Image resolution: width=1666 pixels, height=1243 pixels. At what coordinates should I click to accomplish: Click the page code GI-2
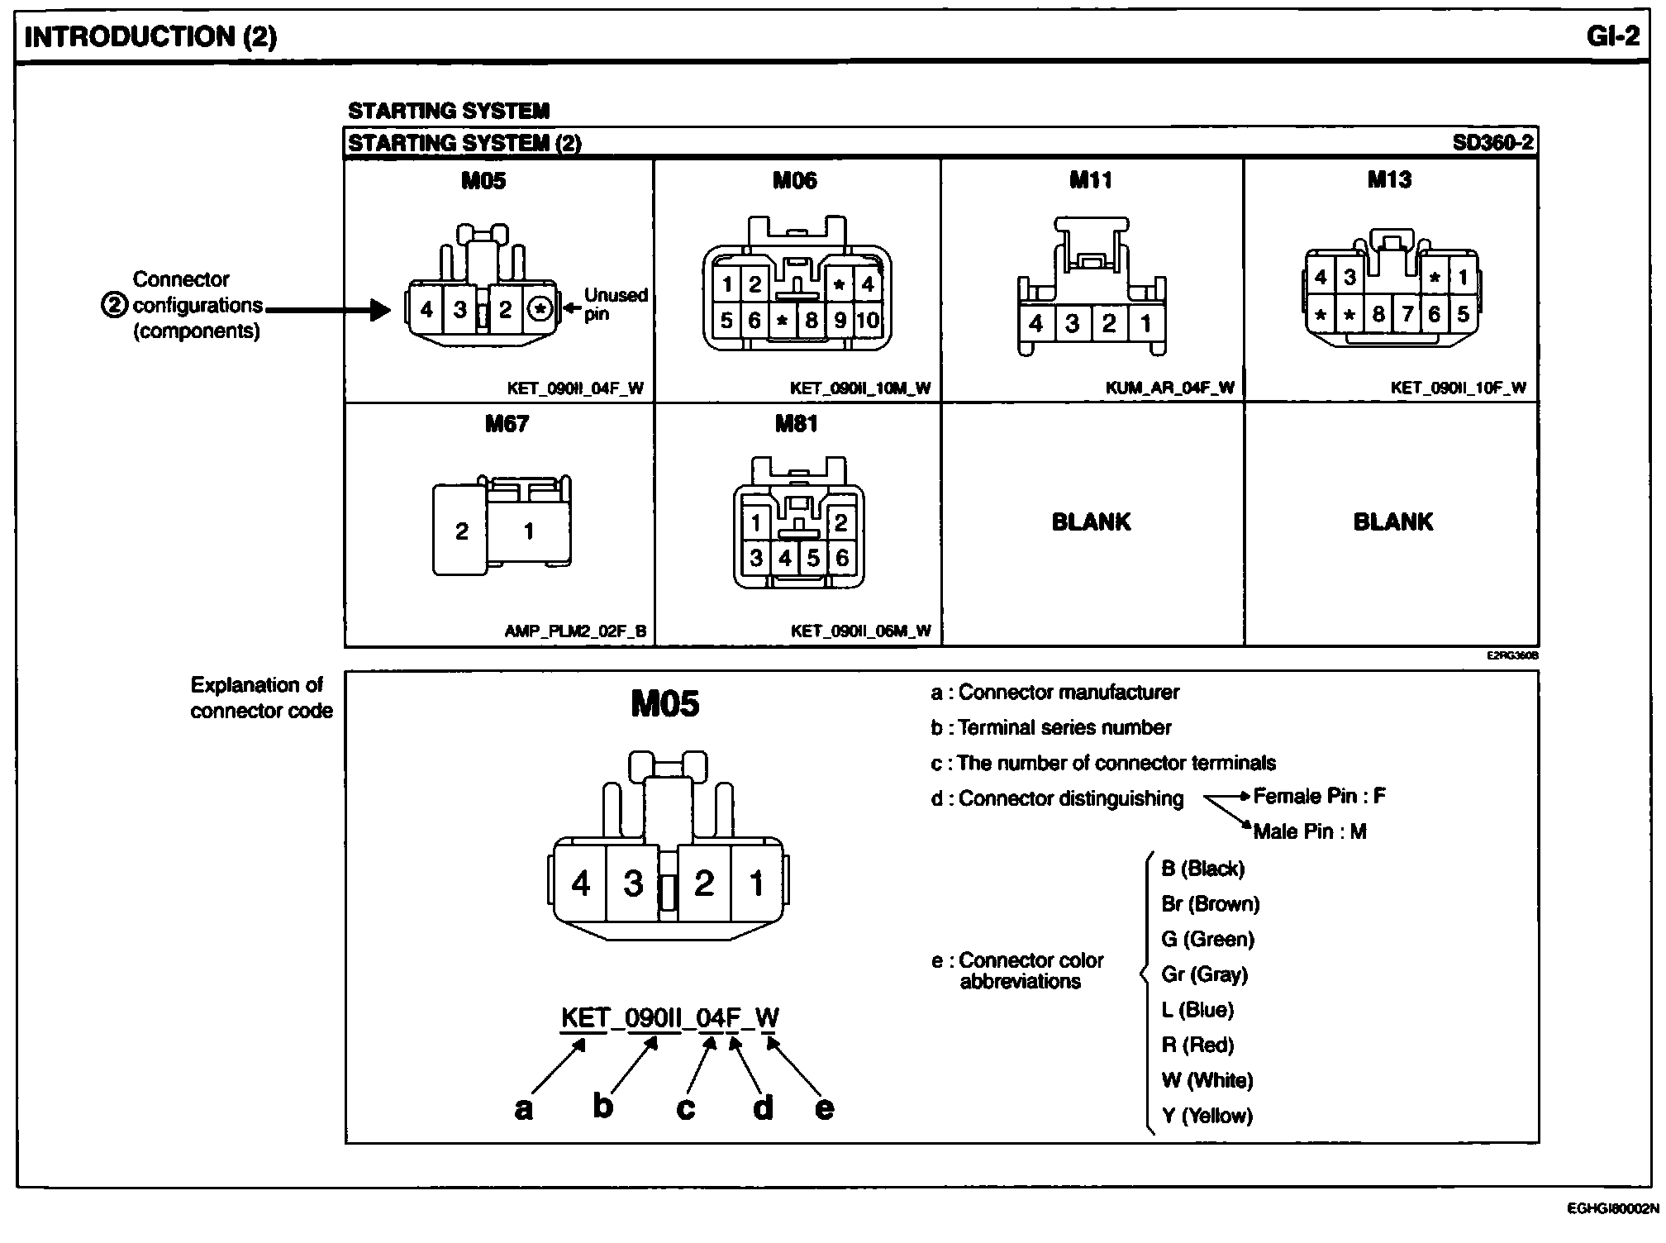1612,36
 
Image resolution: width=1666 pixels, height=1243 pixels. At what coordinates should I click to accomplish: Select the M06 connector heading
794,180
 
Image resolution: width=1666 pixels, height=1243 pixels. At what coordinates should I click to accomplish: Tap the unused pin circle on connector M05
540,309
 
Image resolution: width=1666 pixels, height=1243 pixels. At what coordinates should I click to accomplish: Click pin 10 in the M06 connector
868,320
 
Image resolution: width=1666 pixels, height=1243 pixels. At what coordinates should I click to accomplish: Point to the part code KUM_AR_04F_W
1169,388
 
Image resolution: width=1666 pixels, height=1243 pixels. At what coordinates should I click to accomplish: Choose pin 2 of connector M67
461,531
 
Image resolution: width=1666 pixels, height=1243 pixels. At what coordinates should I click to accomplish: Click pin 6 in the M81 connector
841,558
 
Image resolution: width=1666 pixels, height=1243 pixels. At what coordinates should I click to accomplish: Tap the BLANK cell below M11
1091,521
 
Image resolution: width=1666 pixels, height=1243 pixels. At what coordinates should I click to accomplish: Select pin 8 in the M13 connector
1378,314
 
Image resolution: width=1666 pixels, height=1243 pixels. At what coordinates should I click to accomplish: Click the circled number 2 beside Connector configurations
114,305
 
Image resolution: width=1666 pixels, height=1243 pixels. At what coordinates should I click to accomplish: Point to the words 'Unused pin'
615,303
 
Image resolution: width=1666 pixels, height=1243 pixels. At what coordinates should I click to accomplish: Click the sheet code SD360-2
1492,143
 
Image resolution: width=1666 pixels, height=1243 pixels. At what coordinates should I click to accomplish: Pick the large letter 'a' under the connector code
523,1108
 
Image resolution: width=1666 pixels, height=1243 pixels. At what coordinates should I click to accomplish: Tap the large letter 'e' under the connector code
824,1108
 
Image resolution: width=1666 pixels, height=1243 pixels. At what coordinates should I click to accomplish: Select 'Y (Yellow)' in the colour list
1207,1116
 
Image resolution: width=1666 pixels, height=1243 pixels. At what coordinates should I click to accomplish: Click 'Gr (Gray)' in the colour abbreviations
1204,974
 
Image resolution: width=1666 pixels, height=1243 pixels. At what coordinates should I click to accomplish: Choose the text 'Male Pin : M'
1310,831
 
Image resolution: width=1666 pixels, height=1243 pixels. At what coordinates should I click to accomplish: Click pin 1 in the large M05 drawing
756,883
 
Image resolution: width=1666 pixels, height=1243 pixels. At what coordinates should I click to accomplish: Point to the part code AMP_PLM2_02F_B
575,631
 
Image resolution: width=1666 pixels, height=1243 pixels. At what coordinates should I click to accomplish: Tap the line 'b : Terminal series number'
1050,727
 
